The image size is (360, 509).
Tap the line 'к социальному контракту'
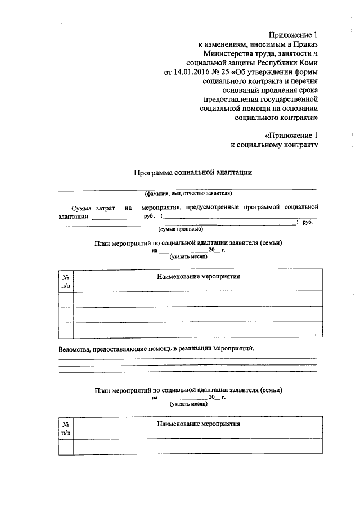coord(275,145)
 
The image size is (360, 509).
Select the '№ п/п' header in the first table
coord(66,282)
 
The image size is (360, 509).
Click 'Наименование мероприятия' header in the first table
coord(199,277)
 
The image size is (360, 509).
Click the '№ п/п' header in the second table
coord(66,428)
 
